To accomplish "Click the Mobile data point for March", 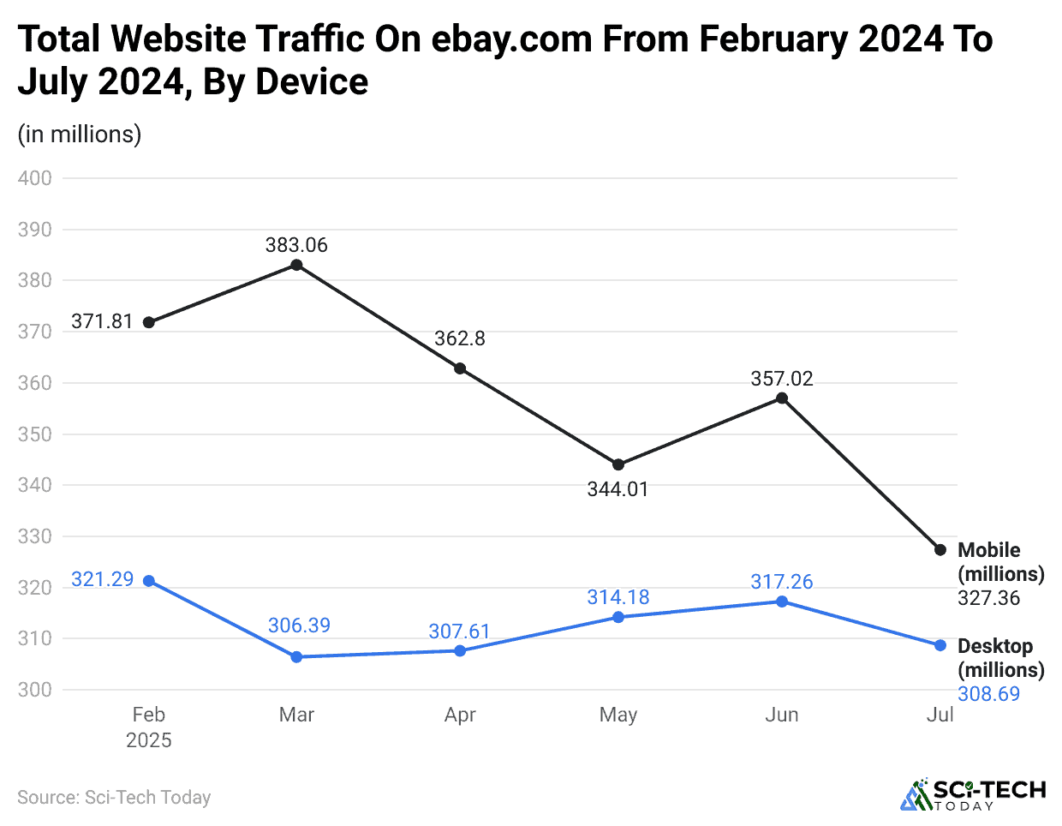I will point(296,265).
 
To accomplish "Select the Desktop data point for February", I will point(149,581).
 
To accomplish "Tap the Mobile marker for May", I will point(618,465).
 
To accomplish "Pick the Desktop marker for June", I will point(782,602).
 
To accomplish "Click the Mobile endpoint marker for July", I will point(940,549).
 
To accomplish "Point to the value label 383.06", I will point(296,245).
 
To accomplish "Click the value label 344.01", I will point(618,489).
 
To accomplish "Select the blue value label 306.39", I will point(299,625).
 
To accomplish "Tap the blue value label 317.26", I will point(782,582).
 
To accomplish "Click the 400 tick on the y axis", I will point(35,178).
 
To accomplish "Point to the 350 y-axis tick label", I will point(35,434).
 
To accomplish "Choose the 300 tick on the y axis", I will point(35,690).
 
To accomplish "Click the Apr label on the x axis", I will point(460,715).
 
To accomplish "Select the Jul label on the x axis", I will point(940,715).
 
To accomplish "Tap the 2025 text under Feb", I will point(149,740).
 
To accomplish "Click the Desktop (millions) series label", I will point(1000,658).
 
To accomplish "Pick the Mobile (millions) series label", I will point(1000,562).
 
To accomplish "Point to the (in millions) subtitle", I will point(80,135).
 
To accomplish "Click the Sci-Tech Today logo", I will point(973,794).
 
